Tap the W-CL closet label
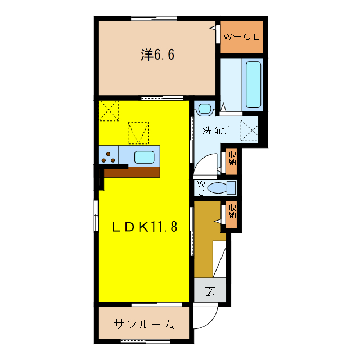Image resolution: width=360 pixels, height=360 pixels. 241,37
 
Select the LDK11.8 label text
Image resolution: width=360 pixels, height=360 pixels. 144,227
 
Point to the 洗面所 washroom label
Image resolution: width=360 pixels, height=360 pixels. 216,130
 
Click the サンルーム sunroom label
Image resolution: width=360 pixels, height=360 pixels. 144,325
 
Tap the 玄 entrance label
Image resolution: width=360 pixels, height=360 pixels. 210,291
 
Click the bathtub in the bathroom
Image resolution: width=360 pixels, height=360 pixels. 254,84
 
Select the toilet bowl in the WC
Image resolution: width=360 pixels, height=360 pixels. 227,187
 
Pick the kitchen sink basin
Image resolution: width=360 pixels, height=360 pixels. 145,156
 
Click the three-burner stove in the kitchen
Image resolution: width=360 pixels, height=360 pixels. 109,156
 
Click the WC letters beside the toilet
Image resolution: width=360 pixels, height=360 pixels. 202,187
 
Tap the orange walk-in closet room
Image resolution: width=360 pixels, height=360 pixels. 241,37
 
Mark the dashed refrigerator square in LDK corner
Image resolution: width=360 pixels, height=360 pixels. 110,110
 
